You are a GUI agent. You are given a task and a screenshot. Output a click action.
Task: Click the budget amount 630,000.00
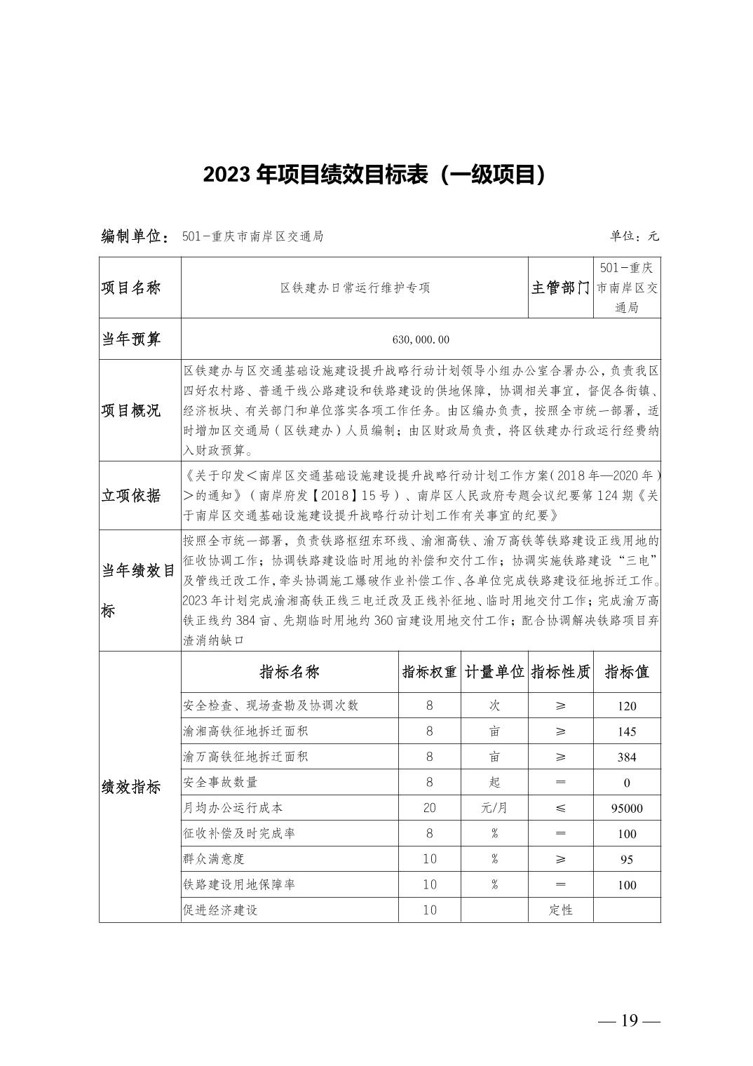[x=421, y=339]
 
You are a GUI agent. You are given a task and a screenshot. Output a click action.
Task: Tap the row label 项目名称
[x=131, y=288]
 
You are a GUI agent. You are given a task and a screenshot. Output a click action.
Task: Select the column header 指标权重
[x=429, y=672]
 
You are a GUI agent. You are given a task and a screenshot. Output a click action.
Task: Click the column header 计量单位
[x=494, y=672]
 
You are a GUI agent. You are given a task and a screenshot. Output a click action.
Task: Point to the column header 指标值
[x=627, y=672]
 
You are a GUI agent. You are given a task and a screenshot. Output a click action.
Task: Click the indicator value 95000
[x=627, y=808]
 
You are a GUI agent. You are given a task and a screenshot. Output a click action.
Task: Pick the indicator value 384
[x=627, y=757]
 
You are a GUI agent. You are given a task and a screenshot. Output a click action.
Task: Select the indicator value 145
[x=627, y=731]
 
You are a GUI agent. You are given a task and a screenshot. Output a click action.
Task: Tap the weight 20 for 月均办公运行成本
[x=429, y=808]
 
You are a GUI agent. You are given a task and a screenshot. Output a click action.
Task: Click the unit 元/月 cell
[x=494, y=808]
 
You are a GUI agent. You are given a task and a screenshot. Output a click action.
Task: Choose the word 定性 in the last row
[x=560, y=910]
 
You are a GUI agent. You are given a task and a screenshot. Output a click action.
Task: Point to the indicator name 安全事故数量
[x=219, y=782]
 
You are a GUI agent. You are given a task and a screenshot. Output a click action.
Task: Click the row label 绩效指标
[x=131, y=786]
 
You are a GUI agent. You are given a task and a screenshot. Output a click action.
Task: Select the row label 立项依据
[x=131, y=495]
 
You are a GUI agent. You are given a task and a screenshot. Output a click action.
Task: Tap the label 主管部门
[x=560, y=288]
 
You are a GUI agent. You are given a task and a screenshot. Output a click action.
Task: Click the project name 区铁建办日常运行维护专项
[x=354, y=288]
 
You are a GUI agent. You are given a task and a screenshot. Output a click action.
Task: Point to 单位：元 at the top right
[x=634, y=236]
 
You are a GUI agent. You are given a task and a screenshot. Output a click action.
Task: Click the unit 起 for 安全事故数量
[x=494, y=782]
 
